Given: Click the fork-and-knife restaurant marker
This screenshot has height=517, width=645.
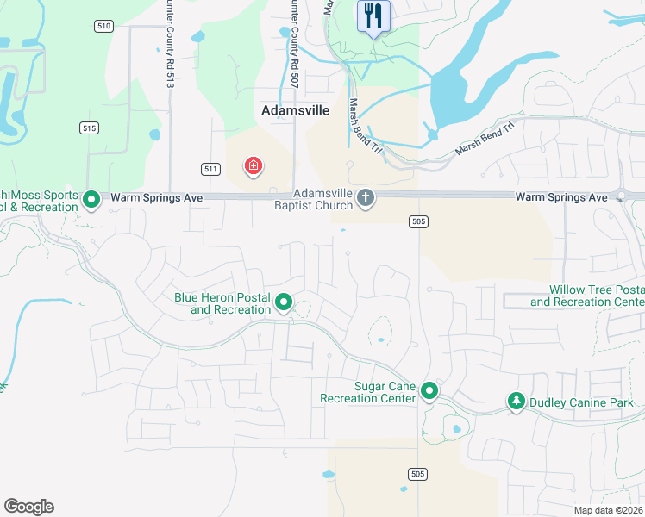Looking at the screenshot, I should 373,16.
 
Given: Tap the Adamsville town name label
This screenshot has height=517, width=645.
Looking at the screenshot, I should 295,111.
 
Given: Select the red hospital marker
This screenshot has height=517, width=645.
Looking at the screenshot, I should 254,165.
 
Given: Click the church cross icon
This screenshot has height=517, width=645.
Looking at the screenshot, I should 366,199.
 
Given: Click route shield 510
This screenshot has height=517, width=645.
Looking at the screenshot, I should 103,27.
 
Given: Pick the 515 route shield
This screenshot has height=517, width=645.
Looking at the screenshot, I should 89,128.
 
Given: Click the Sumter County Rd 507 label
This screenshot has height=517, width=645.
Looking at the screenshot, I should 294,34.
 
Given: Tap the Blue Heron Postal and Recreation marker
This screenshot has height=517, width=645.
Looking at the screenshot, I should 284,302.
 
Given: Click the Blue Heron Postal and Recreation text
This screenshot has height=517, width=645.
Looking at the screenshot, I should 222,303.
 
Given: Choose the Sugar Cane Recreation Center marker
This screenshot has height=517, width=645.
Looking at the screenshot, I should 429,392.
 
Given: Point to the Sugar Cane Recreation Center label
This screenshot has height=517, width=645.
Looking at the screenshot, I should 367,392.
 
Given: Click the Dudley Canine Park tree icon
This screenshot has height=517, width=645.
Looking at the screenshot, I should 517,402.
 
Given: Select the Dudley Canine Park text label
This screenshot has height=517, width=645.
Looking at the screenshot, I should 582,402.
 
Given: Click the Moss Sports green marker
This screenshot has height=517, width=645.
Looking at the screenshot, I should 91,201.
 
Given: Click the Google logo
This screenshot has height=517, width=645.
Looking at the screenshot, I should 28,507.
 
